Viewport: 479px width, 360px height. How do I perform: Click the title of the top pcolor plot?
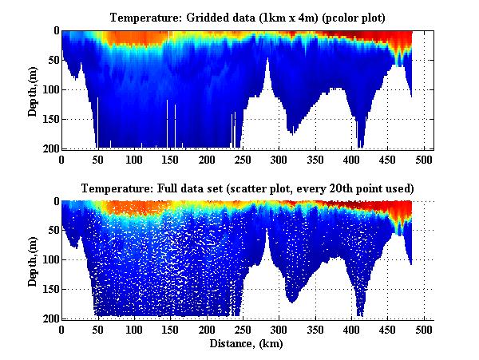coord(248,17)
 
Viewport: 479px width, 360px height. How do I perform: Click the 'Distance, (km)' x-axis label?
coord(248,343)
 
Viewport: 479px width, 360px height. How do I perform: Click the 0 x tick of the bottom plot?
coord(62,330)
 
